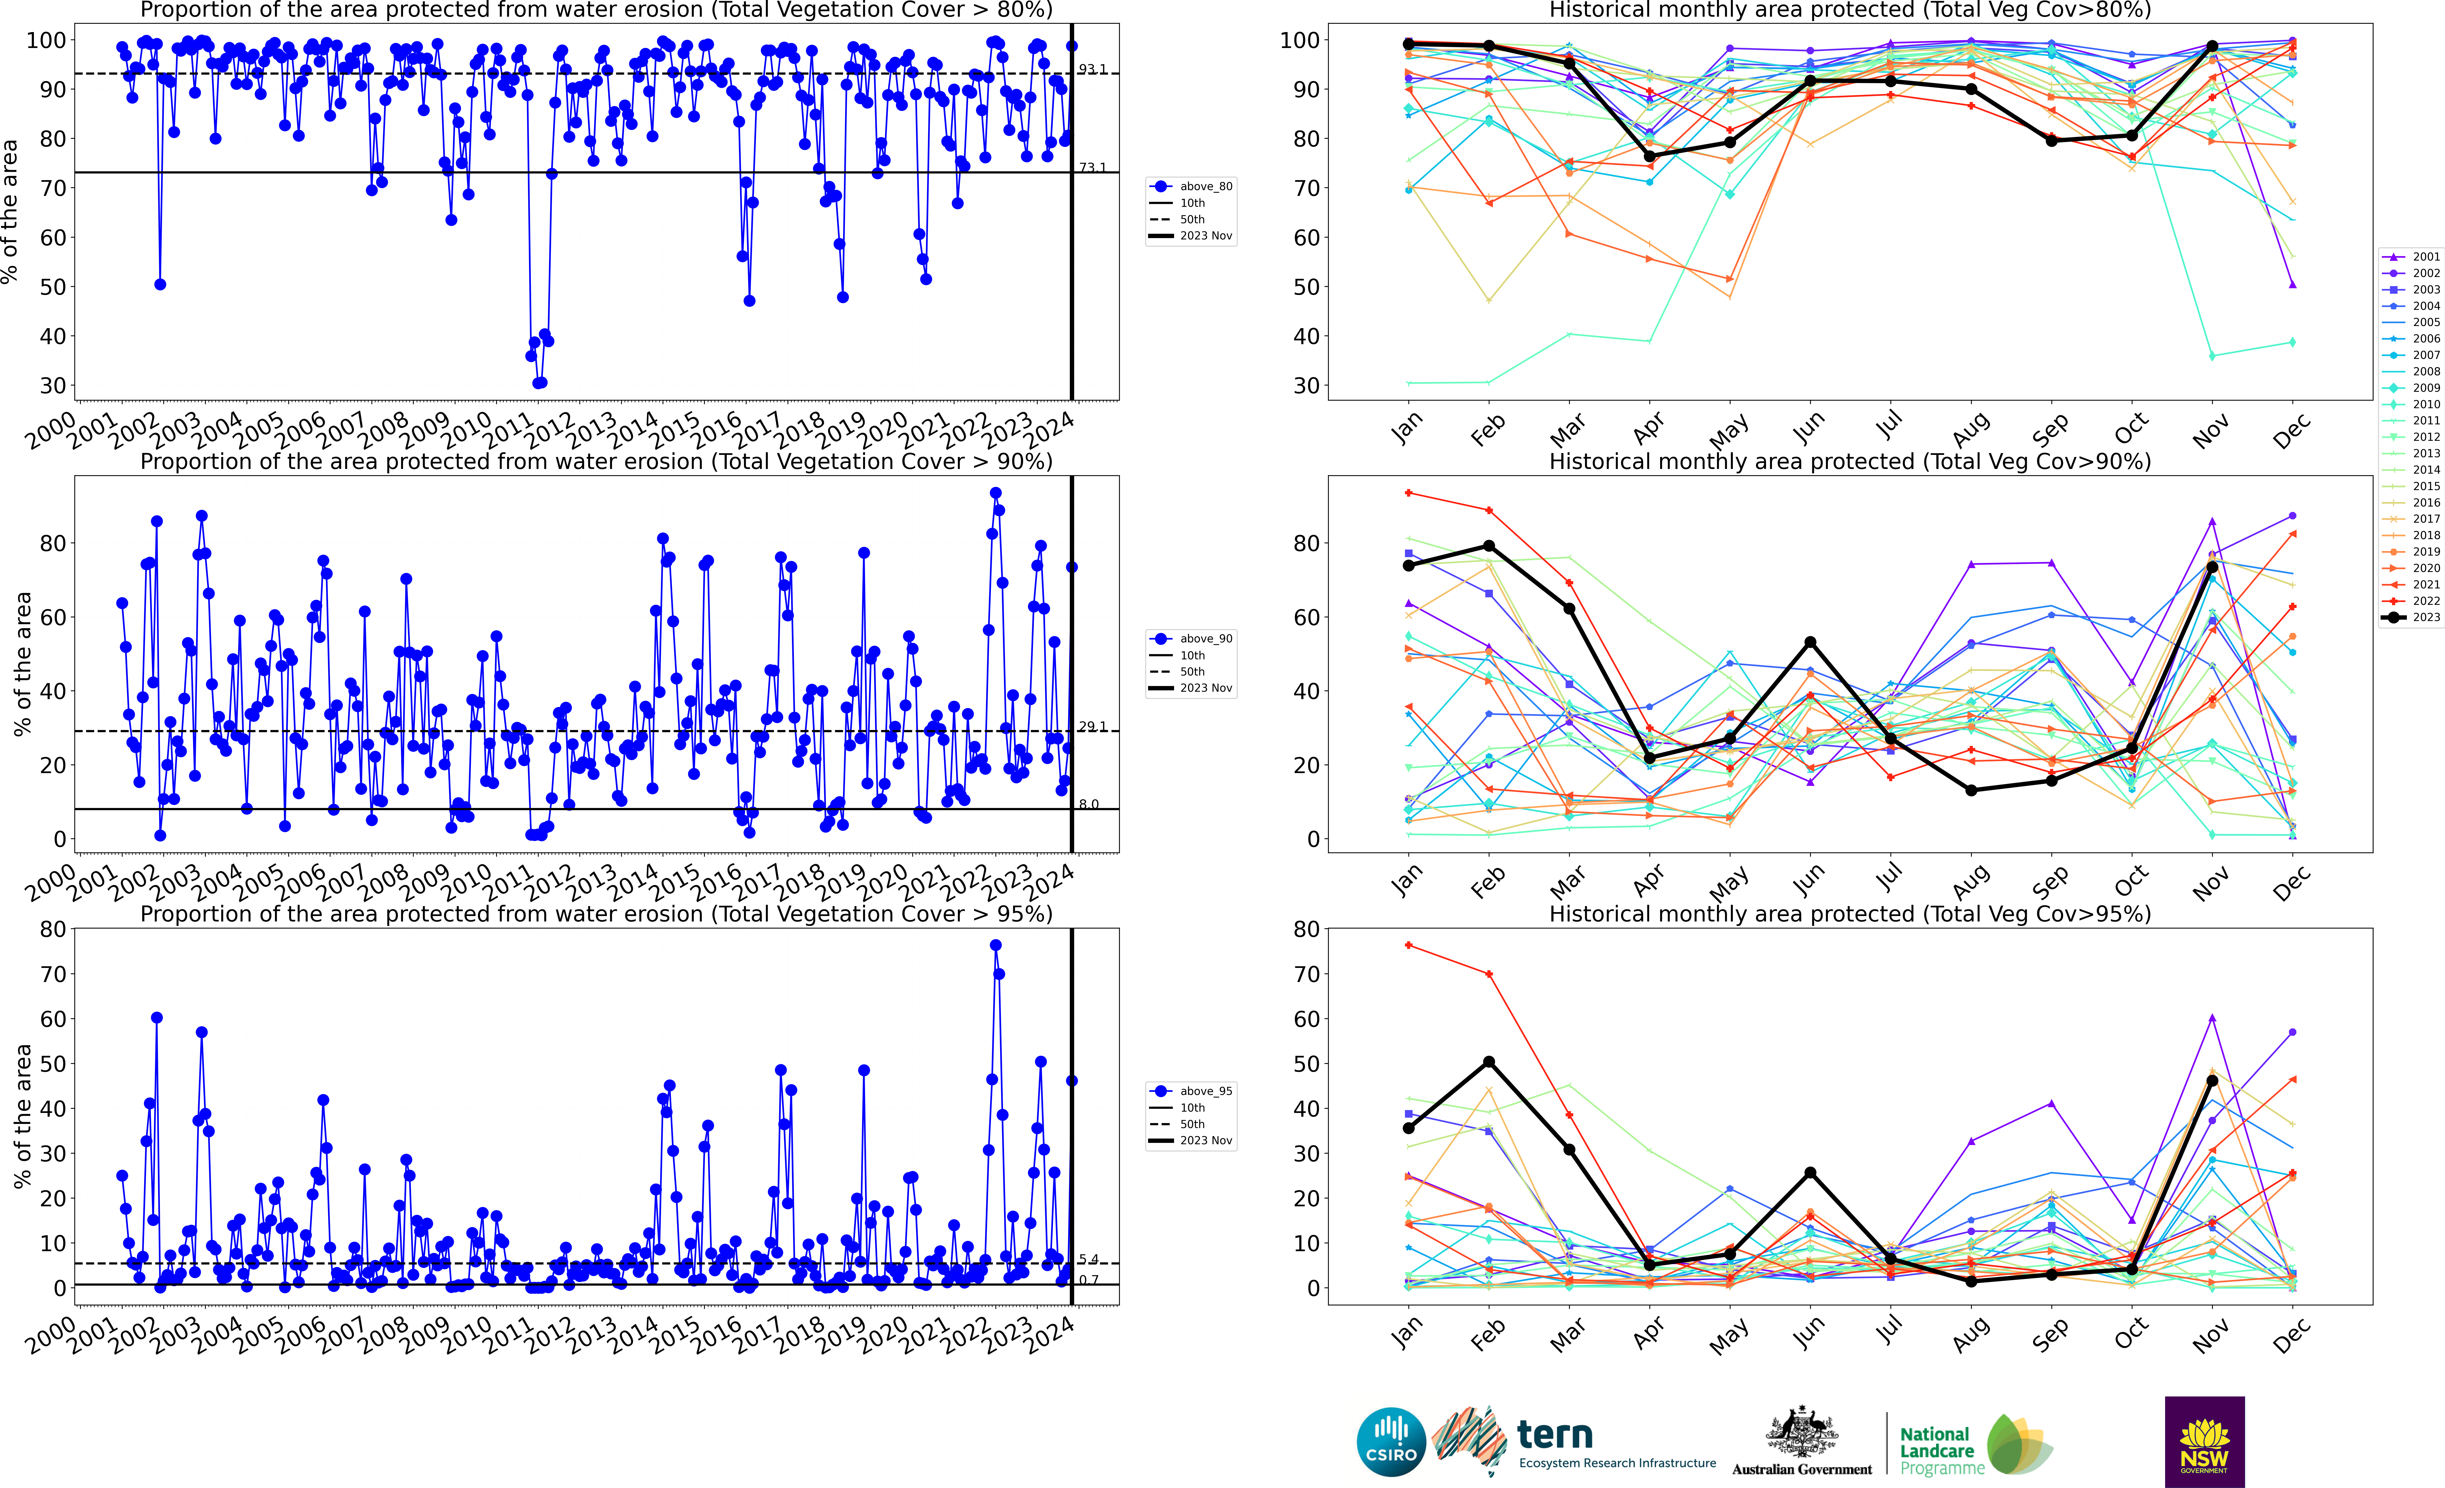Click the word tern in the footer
click(1555, 1435)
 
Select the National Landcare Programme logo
click(1975, 1444)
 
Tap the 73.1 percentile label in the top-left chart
click(1092, 168)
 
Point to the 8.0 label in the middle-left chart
click(1089, 805)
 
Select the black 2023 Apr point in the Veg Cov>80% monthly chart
click(1649, 157)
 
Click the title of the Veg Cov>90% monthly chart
click(1850, 461)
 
